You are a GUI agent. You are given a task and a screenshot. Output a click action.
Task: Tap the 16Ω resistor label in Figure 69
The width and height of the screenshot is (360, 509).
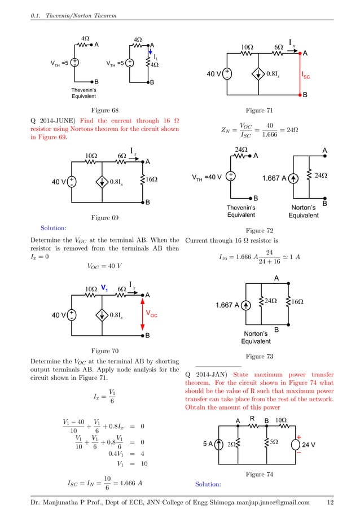click(151, 180)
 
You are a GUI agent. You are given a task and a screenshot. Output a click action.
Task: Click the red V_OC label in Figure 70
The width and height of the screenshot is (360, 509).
click(151, 313)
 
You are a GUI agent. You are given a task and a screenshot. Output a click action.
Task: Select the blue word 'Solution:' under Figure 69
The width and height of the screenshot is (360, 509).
click(54, 229)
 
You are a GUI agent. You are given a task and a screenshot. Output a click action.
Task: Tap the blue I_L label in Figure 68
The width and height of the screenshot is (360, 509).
click(155, 57)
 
